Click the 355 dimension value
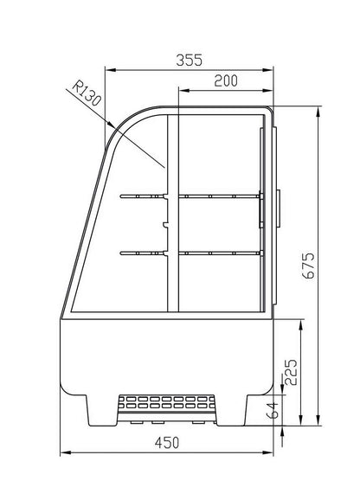click(189, 60)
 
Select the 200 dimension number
click(226, 80)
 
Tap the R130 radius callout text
click(87, 93)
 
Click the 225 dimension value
click(291, 373)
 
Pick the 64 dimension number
click(273, 411)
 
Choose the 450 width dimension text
click(167, 443)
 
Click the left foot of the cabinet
click(102, 411)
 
